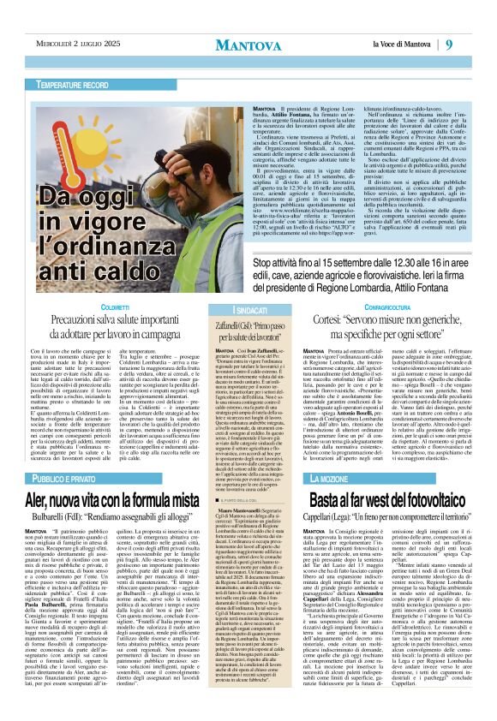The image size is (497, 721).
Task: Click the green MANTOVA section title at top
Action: pos(248,45)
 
